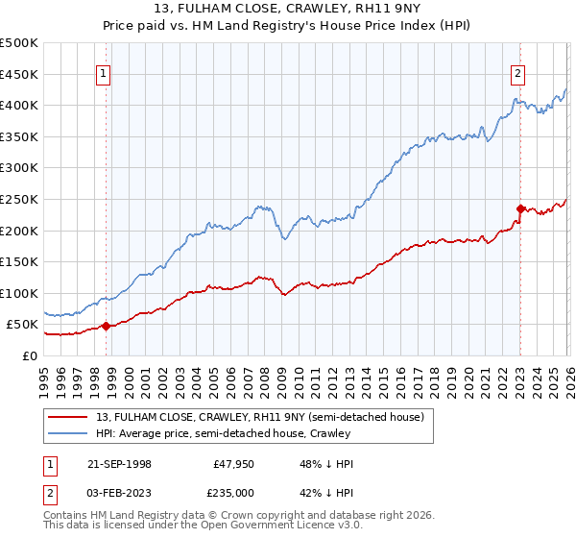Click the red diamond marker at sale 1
107,326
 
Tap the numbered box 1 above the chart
103,71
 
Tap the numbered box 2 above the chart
517,71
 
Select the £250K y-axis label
19,199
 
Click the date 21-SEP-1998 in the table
119,464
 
